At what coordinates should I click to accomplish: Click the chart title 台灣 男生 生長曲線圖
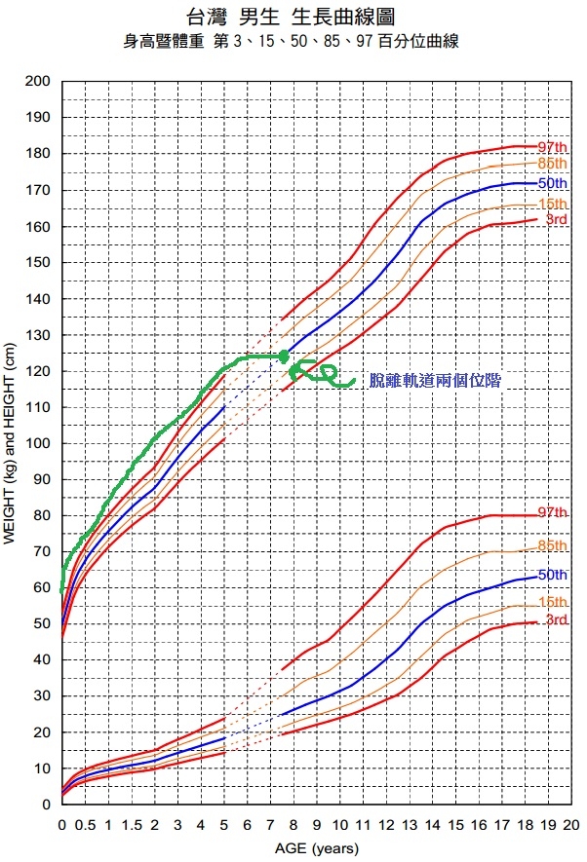[293, 17]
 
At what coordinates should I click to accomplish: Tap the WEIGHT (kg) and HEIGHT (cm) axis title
[11, 443]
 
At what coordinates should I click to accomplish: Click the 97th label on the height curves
[552, 147]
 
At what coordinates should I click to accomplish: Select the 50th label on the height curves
[552, 183]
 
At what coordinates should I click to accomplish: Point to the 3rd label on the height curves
[556, 220]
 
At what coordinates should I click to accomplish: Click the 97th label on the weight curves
[552, 512]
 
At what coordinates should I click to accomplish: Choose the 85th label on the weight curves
[552, 545]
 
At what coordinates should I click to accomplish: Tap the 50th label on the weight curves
[552, 575]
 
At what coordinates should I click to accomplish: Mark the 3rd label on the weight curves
[556, 620]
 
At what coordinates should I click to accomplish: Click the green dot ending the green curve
[284, 356]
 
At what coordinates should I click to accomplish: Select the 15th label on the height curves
[552, 203]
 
